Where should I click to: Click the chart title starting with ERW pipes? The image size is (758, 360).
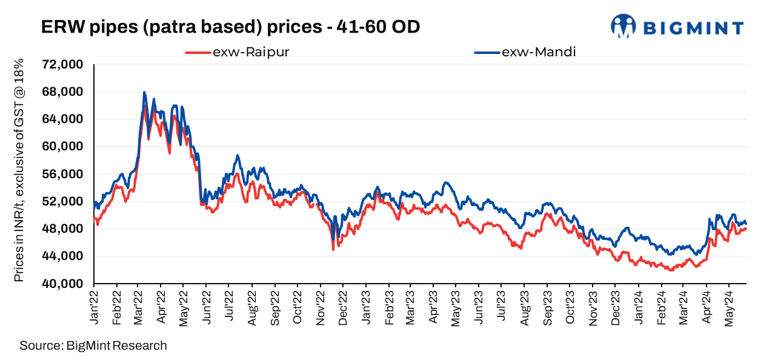230,27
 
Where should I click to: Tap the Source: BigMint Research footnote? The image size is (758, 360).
93,346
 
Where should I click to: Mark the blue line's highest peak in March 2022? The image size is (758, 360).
144,92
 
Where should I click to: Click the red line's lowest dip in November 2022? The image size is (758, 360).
333,249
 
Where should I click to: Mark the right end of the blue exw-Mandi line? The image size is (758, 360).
746,224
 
